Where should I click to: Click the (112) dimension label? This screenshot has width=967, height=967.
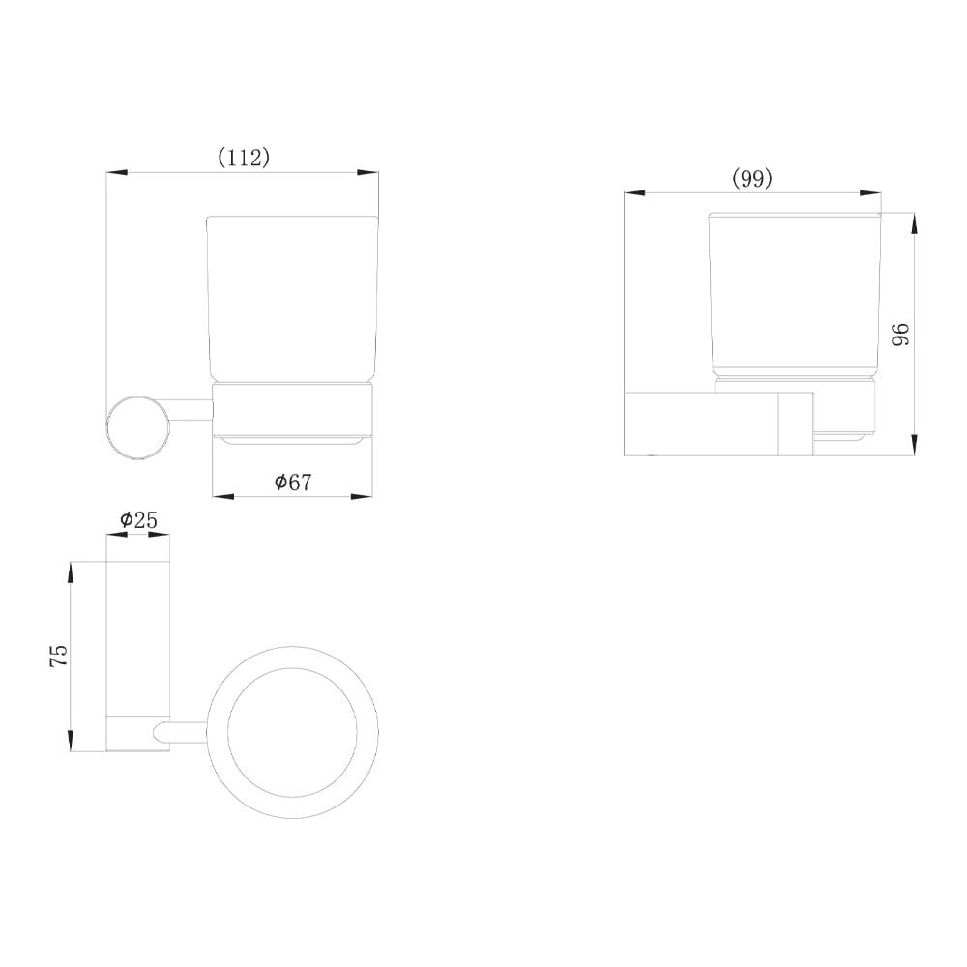pos(245,158)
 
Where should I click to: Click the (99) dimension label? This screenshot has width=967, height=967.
pos(751,179)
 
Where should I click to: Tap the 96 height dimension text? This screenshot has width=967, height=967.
pos(901,335)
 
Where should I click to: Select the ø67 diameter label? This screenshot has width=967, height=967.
pos(294,482)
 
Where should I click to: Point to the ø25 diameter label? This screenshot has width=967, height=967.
pos(138,520)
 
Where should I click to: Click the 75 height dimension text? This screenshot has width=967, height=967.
pos(59,656)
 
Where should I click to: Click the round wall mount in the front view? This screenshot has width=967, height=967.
pos(137,428)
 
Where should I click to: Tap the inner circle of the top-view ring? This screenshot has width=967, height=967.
pos(292,733)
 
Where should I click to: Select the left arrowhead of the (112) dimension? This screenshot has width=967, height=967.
pos(117,173)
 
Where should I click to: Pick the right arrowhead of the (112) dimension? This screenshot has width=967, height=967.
pos(368,173)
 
